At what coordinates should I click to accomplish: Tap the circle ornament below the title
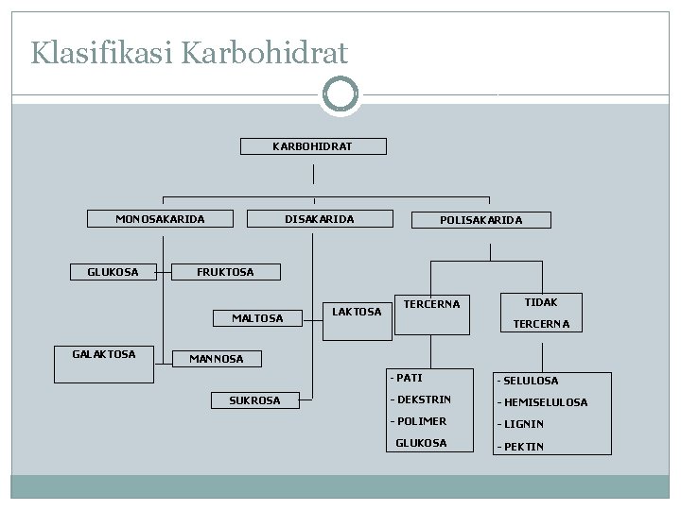click(x=340, y=94)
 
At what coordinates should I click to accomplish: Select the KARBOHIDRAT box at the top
click(x=312, y=146)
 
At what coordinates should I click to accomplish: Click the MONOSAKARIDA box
click(x=160, y=219)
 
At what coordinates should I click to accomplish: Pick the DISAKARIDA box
click(x=320, y=219)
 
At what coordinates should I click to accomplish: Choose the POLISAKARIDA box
click(x=480, y=220)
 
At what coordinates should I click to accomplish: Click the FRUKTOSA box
click(x=225, y=272)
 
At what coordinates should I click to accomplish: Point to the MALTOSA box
click(x=257, y=318)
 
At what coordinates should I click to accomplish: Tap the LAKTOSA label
click(x=357, y=311)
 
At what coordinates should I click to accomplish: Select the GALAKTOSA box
click(x=104, y=354)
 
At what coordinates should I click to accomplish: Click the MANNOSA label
click(x=216, y=359)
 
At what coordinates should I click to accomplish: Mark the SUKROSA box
click(x=254, y=400)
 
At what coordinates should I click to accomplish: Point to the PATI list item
click(x=410, y=378)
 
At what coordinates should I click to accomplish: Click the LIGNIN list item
click(x=522, y=424)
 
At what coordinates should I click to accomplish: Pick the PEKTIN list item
click(x=521, y=446)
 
